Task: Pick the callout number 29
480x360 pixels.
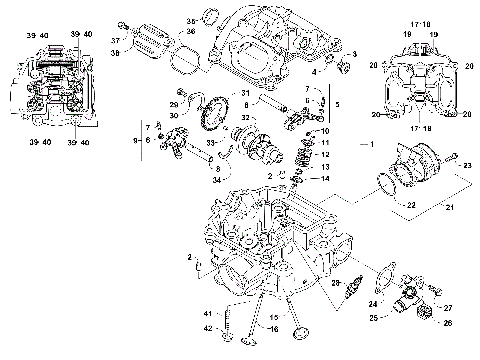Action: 174,104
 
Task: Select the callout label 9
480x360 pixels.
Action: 135,141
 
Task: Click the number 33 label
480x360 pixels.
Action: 211,144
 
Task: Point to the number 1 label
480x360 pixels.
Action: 372,146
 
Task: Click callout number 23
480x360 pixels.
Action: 468,163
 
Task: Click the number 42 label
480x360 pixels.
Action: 207,327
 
